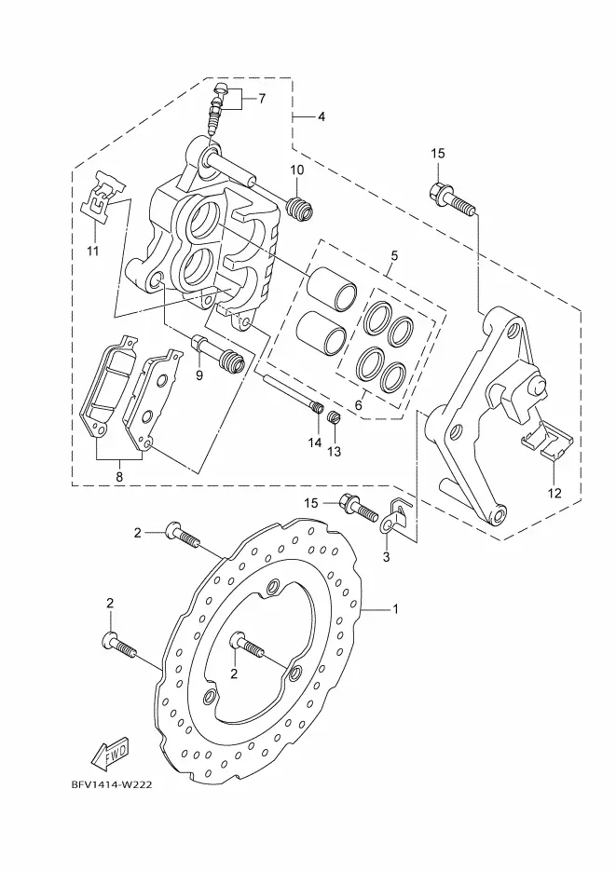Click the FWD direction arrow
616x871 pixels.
[111, 753]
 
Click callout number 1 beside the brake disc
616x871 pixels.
[396, 609]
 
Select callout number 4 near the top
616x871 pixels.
[322, 116]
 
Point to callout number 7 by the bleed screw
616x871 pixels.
[262, 99]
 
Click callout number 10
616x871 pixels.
[297, 170]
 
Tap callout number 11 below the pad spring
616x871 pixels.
[93, 252]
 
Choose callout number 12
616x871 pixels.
[554, 493]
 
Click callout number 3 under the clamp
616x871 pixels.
[387, 556]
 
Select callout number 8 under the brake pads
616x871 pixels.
[119, 476]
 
